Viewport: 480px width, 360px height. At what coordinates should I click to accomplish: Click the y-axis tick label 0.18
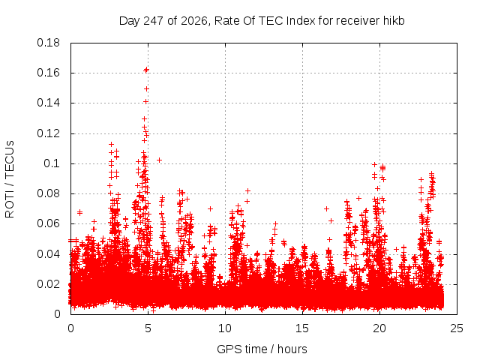tap(48, 43)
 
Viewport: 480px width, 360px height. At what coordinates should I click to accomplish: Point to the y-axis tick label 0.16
tap(48, 73)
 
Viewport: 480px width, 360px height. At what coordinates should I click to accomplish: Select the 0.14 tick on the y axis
tap(48, 103)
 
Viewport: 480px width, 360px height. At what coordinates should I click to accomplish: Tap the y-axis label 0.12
tap(48, 133)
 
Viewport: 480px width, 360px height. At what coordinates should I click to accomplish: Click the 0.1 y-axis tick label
tap(52, 163)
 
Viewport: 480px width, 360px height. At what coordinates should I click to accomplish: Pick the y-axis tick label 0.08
tap(48, 193)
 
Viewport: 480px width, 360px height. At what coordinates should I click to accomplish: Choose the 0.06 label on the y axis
tap(48, 223)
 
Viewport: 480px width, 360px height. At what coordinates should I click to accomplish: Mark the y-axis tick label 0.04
tap(48, 254)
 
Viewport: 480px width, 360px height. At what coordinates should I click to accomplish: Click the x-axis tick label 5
tap(148, 328)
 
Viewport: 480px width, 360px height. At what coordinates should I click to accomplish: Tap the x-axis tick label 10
tap(225, 328)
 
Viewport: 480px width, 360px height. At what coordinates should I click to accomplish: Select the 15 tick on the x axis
tap(302, 328)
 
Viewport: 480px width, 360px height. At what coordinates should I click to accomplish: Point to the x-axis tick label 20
tap(379, 328)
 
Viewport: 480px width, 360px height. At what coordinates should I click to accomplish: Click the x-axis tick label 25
tap(457, 328)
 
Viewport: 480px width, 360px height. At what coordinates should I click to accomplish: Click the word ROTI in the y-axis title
tap(10, 205)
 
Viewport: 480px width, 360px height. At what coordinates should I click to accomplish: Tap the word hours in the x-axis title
tap(292, 349)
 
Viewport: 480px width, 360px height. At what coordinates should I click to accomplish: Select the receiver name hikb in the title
tap(394, 21)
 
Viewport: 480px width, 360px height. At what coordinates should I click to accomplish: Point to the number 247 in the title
tap(154, 21)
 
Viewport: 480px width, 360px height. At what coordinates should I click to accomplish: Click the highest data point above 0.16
tap(146, 70)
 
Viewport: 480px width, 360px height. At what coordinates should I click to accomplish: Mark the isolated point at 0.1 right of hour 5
tap(159, 160)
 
